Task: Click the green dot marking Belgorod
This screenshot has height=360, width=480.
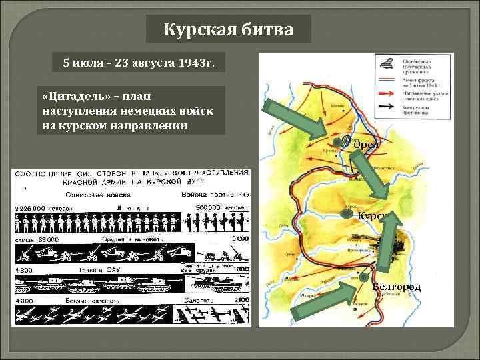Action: (363, 277)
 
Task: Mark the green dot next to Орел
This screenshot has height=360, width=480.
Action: (346, 141)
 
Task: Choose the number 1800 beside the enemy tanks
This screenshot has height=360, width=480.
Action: (241, 269)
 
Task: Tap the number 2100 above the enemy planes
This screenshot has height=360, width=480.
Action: (241, 301)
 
